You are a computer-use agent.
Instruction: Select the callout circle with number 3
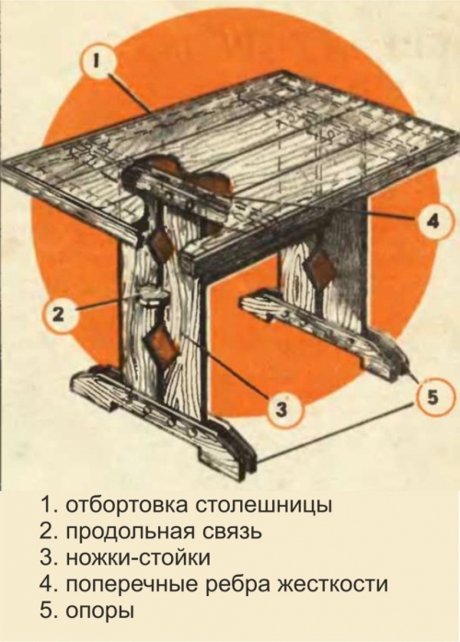[284, 406]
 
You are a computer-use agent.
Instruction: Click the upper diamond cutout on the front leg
[163, 246]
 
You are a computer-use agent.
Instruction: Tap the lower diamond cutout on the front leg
[164, 348]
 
